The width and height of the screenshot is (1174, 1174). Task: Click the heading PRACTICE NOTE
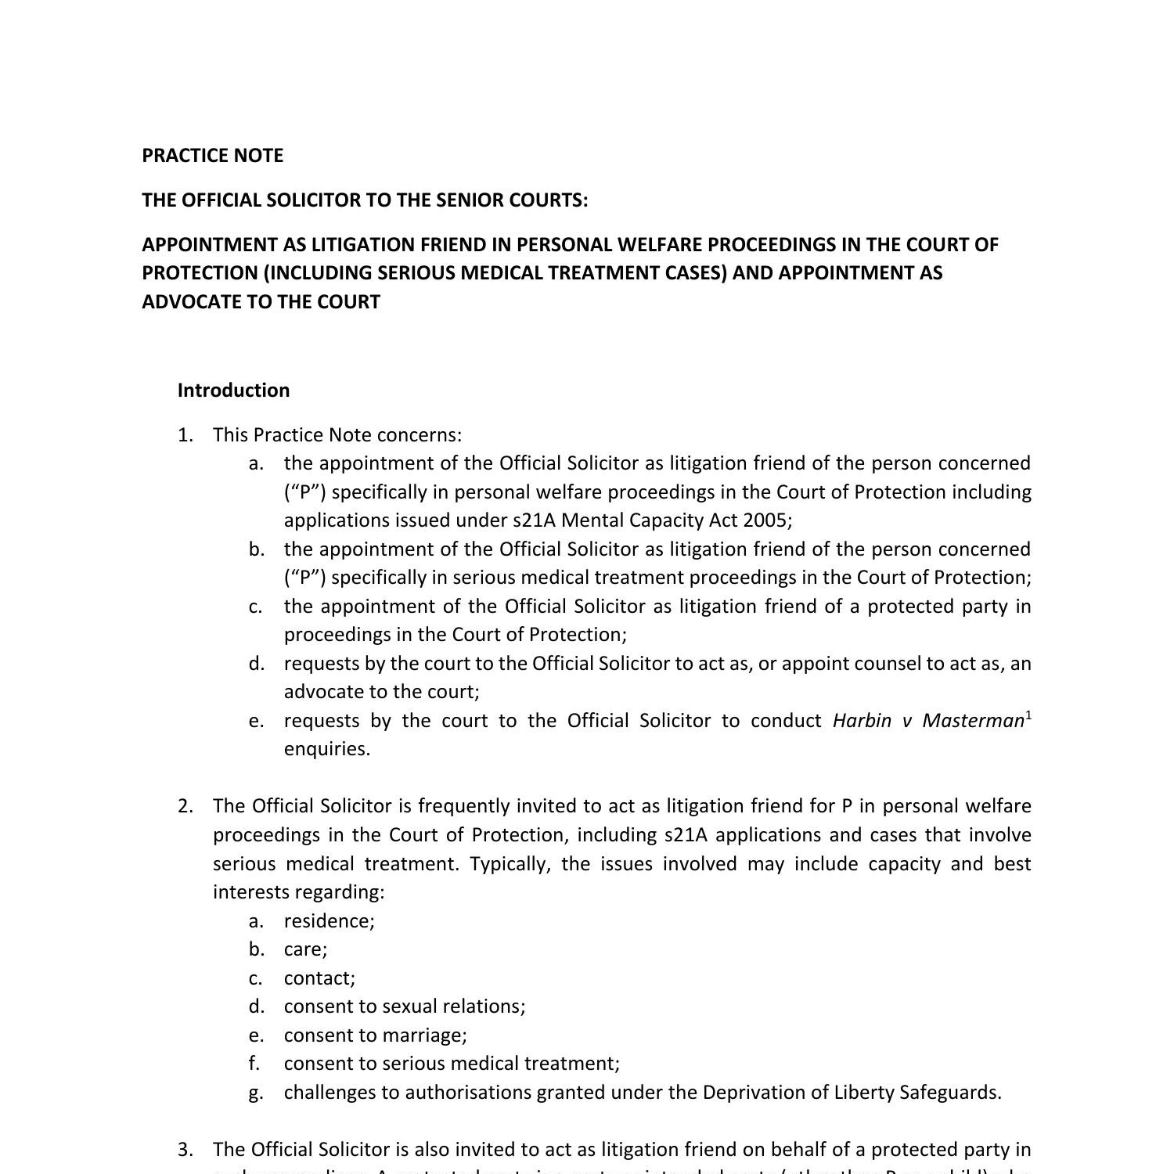[x=212, y=156]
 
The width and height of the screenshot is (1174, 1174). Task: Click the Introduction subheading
[x=233, y=391]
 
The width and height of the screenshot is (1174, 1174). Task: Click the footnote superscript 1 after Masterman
[x=1028, y=715]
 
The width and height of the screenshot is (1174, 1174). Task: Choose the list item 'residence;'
[x=329, y=921]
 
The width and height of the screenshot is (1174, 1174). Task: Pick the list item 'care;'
[x=305, y=949]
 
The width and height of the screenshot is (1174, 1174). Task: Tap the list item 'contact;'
[x=319, y=978]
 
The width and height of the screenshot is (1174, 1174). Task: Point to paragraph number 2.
[x=185, y=806]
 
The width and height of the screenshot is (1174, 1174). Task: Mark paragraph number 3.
[x=185, y=1150]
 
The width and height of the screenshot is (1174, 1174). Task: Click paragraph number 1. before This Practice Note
[x=185, y=435]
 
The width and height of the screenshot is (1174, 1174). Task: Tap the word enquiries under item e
[x=326, y=749]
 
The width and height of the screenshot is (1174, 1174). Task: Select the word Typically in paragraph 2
[x=512, y=864]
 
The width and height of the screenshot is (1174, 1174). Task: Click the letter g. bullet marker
[x=256, y=1093]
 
